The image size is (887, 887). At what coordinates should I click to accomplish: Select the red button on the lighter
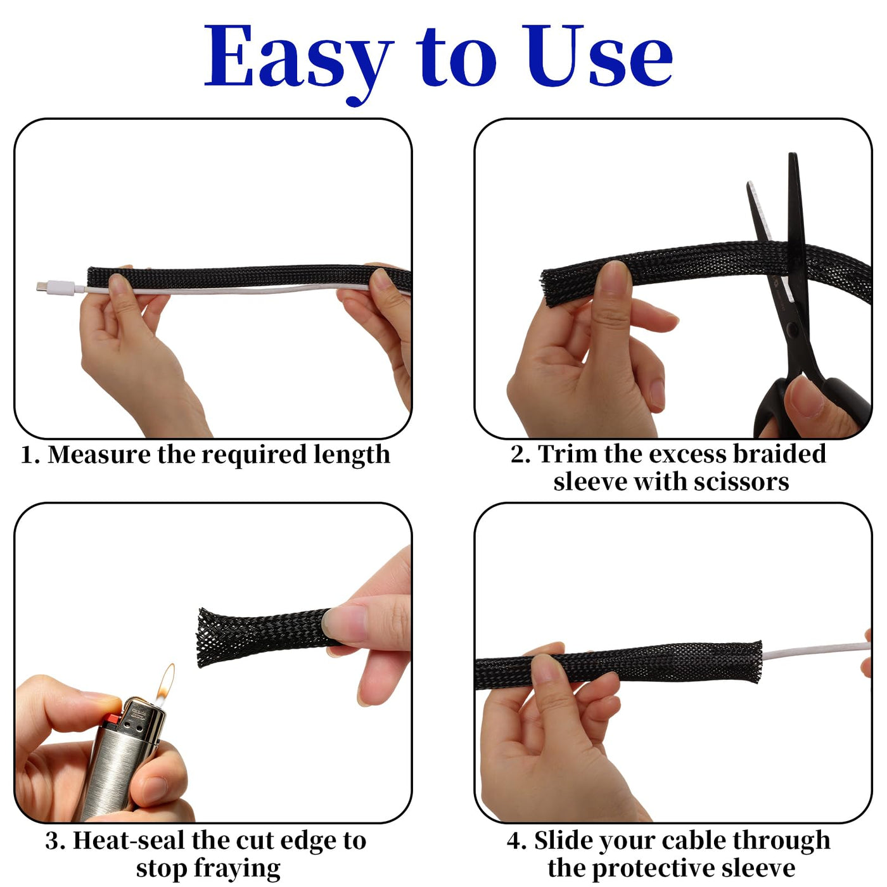114,719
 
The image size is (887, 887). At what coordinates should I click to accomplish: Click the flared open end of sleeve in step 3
203,637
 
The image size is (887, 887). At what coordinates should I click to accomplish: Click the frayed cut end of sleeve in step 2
549,288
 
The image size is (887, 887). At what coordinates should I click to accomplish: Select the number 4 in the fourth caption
515,841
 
